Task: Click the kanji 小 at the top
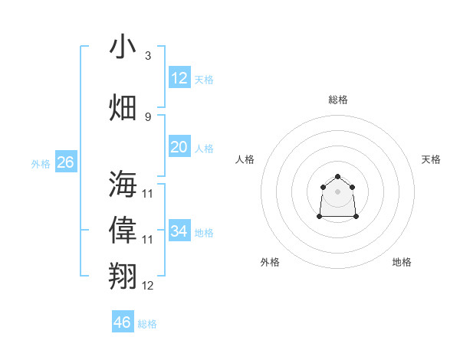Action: tap(123, 47)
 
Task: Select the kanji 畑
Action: tap(123, 107)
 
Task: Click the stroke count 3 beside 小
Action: tap(147, 56)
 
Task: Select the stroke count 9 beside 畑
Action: tap(147, 116)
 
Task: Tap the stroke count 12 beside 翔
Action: tap(148, 285)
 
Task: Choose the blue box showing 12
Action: tap(179, 77)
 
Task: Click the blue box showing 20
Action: tap(179, 147)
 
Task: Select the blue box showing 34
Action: tap(179, 231)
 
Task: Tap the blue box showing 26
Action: tap(65, 162)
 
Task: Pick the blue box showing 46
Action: tap(123, 322)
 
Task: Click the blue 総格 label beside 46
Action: tap(147, 324)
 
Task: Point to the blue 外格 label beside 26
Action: tap(41, 163)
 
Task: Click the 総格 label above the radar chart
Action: tap(338, 100)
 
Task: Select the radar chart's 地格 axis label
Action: tap(402, 262)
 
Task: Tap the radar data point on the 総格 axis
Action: tap(338, 178)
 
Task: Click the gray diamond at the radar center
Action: tap(338, 191)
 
